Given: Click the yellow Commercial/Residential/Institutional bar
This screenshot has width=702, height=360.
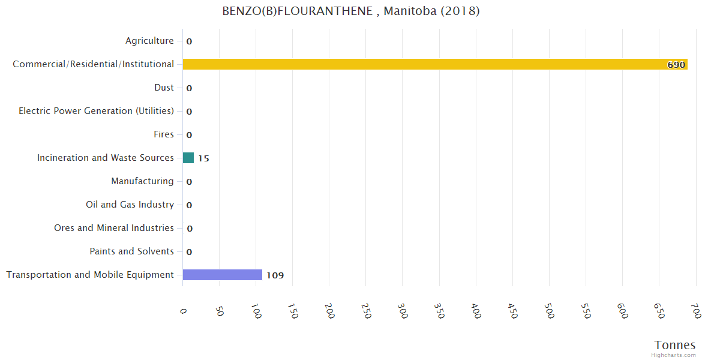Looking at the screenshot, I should pyautogui.click(x=434, y=64).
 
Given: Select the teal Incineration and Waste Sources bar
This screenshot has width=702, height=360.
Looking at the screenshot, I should pyautogui.click(x=188, y=158).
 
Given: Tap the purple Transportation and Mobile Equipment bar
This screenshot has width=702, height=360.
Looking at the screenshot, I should pyautogui.click(x=223, y=275).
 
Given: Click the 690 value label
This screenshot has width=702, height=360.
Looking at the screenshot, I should pyautogui.click(x=676, y=65).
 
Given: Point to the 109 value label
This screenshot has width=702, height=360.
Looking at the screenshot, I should pyautogui.click(x=275, y=275).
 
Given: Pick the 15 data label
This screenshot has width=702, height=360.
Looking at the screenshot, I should pyautogui.click(x=204, y=158).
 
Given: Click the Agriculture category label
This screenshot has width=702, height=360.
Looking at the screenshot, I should pyautogui.click(x=149, y=41).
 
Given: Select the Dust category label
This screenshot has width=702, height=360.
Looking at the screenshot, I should pyautogui.click(x=164, y=88).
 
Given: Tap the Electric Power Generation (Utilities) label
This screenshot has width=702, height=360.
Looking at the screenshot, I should pyautogui.click(x=96, y=111).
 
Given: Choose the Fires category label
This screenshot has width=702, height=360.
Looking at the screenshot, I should pyautogui.click(x=164, y=134).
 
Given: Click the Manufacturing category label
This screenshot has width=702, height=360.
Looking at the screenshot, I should pyautogui.click(x=142, y=181).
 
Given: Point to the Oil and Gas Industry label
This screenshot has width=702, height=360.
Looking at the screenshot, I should pyautogui.click(x=130, y=205).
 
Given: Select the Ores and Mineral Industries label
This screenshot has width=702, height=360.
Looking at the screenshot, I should pyautogui.click(x=114, y=228).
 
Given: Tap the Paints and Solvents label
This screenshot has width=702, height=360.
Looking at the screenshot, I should pyautogui.click(x=131, y=251).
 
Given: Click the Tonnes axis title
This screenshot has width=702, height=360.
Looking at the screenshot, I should pyautogui.click(x=674, y=345).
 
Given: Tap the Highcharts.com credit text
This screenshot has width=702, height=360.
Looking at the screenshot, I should pyautogui.click(x=674, y=355).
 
